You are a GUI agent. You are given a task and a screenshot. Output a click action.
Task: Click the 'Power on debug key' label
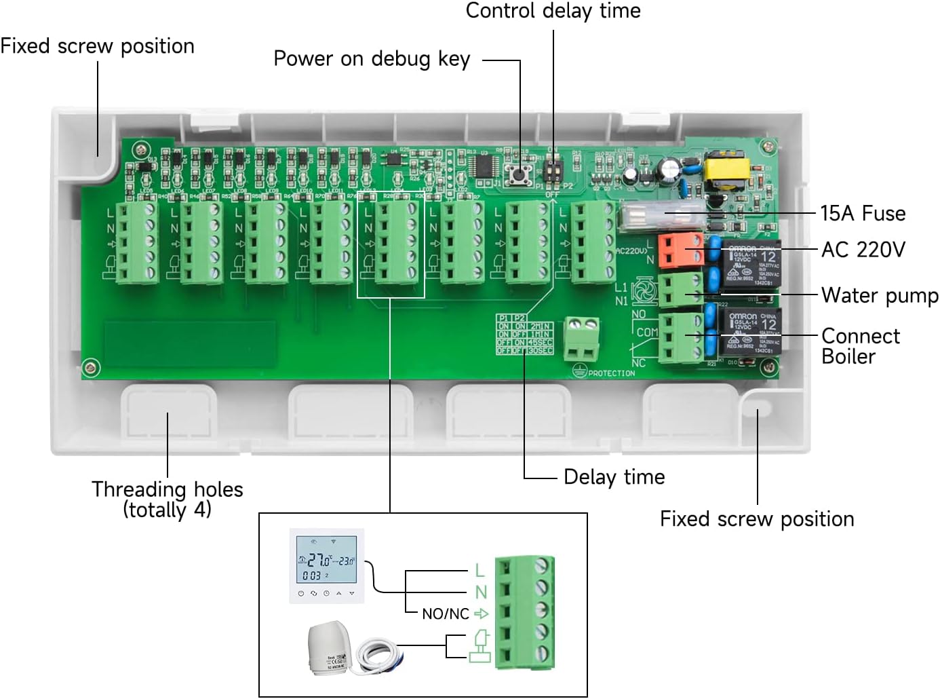click(x=372, y=59)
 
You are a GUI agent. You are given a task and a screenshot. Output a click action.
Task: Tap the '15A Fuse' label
click(x=863, y=213)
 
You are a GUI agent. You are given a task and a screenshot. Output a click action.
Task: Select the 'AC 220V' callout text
click(x=863, y=250)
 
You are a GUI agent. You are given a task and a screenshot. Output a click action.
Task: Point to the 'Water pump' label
click(x=880, y=295)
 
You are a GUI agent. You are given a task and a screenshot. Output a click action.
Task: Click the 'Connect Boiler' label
click(x=860, y=345)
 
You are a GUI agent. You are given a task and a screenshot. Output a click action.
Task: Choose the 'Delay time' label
click(x=614, y=477)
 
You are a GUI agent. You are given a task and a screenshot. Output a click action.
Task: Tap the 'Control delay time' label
click(x=553, y=11)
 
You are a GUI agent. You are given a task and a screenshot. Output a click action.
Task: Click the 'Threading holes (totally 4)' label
click(x=168, y=499)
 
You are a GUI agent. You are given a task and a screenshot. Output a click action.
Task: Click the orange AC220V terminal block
click(x=680, y=249)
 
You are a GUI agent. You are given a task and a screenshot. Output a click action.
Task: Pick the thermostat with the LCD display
click(x=327, y=565)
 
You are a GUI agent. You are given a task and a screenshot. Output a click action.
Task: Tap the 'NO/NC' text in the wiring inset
click(x=445, y=614)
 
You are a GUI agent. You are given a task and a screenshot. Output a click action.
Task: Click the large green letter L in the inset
click(x=479, y=570)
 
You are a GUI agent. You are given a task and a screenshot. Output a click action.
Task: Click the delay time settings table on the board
click(x=524, y=334)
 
